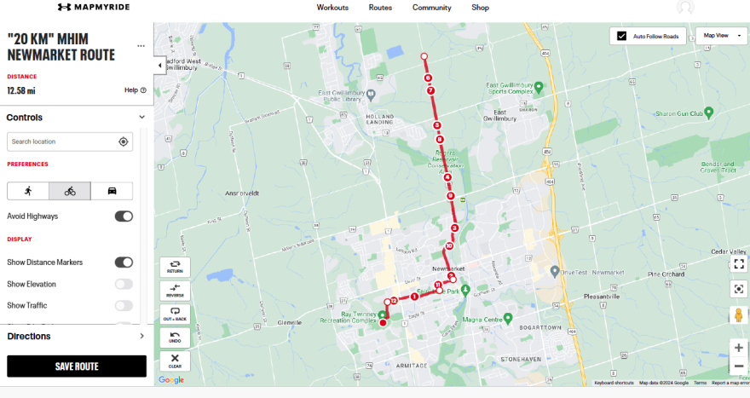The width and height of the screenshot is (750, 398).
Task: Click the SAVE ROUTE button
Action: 77,366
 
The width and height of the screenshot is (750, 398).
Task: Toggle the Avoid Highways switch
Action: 124,216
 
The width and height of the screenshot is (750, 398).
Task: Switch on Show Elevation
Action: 124,284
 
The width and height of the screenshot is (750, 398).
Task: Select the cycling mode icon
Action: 70,191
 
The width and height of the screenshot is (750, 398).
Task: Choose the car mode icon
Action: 112,191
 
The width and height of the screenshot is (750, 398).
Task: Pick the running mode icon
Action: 28,191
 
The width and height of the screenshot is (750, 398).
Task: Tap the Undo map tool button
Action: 175,337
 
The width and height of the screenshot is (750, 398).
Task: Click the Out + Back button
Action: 175,314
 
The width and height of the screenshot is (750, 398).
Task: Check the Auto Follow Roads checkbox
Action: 622,37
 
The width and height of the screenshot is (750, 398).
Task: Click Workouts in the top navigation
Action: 332,8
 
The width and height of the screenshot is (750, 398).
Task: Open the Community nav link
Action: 431,8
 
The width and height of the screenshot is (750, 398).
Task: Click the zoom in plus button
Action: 738,348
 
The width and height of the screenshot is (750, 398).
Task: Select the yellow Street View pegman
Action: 738,315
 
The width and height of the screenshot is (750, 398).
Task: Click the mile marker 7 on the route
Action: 431,90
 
